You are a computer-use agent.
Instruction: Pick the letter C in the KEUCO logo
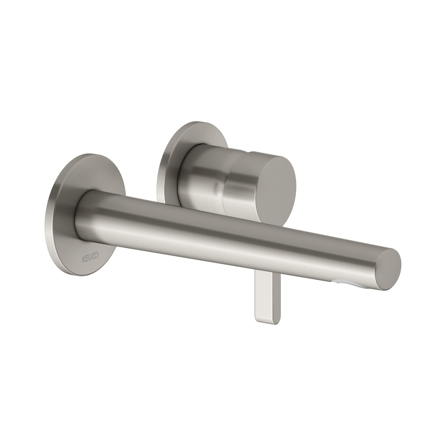[x=93, y=256]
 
